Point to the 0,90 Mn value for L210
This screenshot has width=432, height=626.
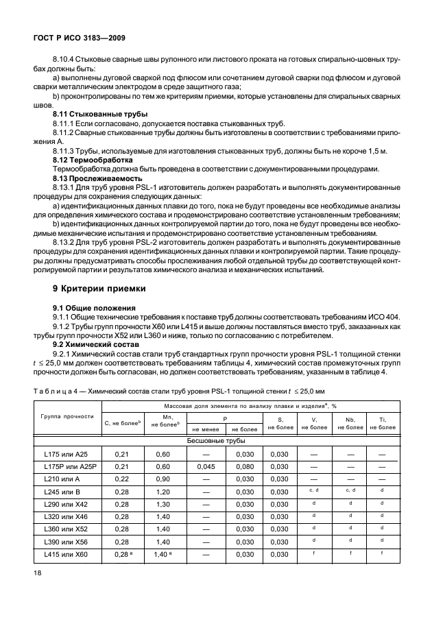click(162, 479)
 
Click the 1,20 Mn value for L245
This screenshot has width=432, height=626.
click(162, 492)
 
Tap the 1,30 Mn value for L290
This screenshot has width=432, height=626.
click(162, 504)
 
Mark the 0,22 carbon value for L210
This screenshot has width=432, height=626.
click(122, 479)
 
